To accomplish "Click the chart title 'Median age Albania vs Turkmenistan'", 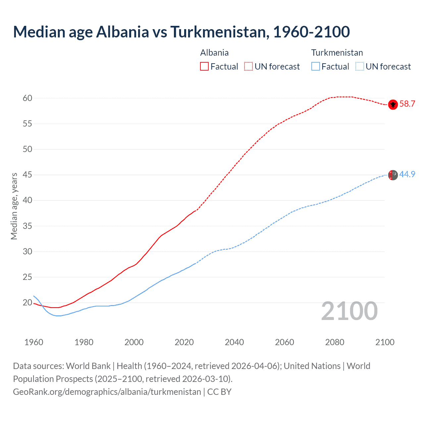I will click(181, 32).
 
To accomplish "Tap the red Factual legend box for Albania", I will click(204, 66).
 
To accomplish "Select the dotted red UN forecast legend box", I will click(248, 66).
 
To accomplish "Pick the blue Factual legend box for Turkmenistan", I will click(316, 66).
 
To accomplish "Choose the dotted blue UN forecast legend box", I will click(359, 66).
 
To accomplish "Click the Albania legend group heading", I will click(214, 53).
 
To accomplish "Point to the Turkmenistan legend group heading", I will click(337, 53).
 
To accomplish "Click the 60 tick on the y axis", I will click(27, 98).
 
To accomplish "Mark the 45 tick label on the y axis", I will click(27, 175).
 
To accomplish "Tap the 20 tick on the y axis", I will click(27, 302).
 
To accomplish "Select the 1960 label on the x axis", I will click(34, 342).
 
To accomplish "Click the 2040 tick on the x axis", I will click(234, 342).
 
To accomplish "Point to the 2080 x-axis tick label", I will click(335, 342).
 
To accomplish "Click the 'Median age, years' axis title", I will click(14, 206).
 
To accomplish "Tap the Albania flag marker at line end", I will click(393, 105).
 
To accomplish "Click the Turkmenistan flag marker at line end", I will click(393, 175).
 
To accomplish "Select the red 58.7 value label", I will click(407, 104).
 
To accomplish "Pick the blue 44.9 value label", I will click(407, 174).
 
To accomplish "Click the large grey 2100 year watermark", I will click(349, 311).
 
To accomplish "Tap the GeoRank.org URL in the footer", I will click(107, 392).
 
